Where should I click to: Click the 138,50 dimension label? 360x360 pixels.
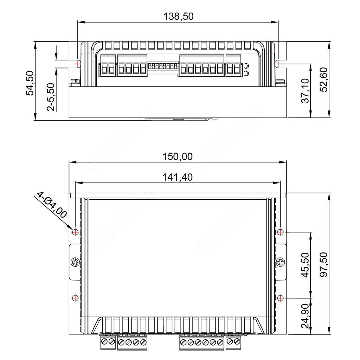(178, 17)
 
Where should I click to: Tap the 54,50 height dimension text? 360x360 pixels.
(30, 83)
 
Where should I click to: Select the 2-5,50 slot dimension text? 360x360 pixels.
(51, 97)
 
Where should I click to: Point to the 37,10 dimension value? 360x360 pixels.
(306, 91)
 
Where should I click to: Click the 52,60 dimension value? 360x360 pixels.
(323, 80)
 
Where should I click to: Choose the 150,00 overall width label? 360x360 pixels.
(178, 156)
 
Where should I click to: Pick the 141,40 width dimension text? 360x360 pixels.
(178, 177)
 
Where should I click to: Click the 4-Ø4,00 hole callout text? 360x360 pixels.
(52, 205)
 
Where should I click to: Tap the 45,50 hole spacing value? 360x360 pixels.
(306, 265)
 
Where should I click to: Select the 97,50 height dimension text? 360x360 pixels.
(323, 264)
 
